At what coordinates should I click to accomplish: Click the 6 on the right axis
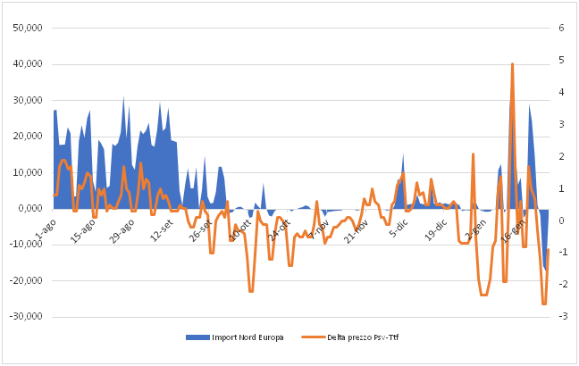click(x=562, y=29)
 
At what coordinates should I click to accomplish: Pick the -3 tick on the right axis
click(x=561, y=317)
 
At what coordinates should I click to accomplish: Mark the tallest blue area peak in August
click(x=123, y=96)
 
